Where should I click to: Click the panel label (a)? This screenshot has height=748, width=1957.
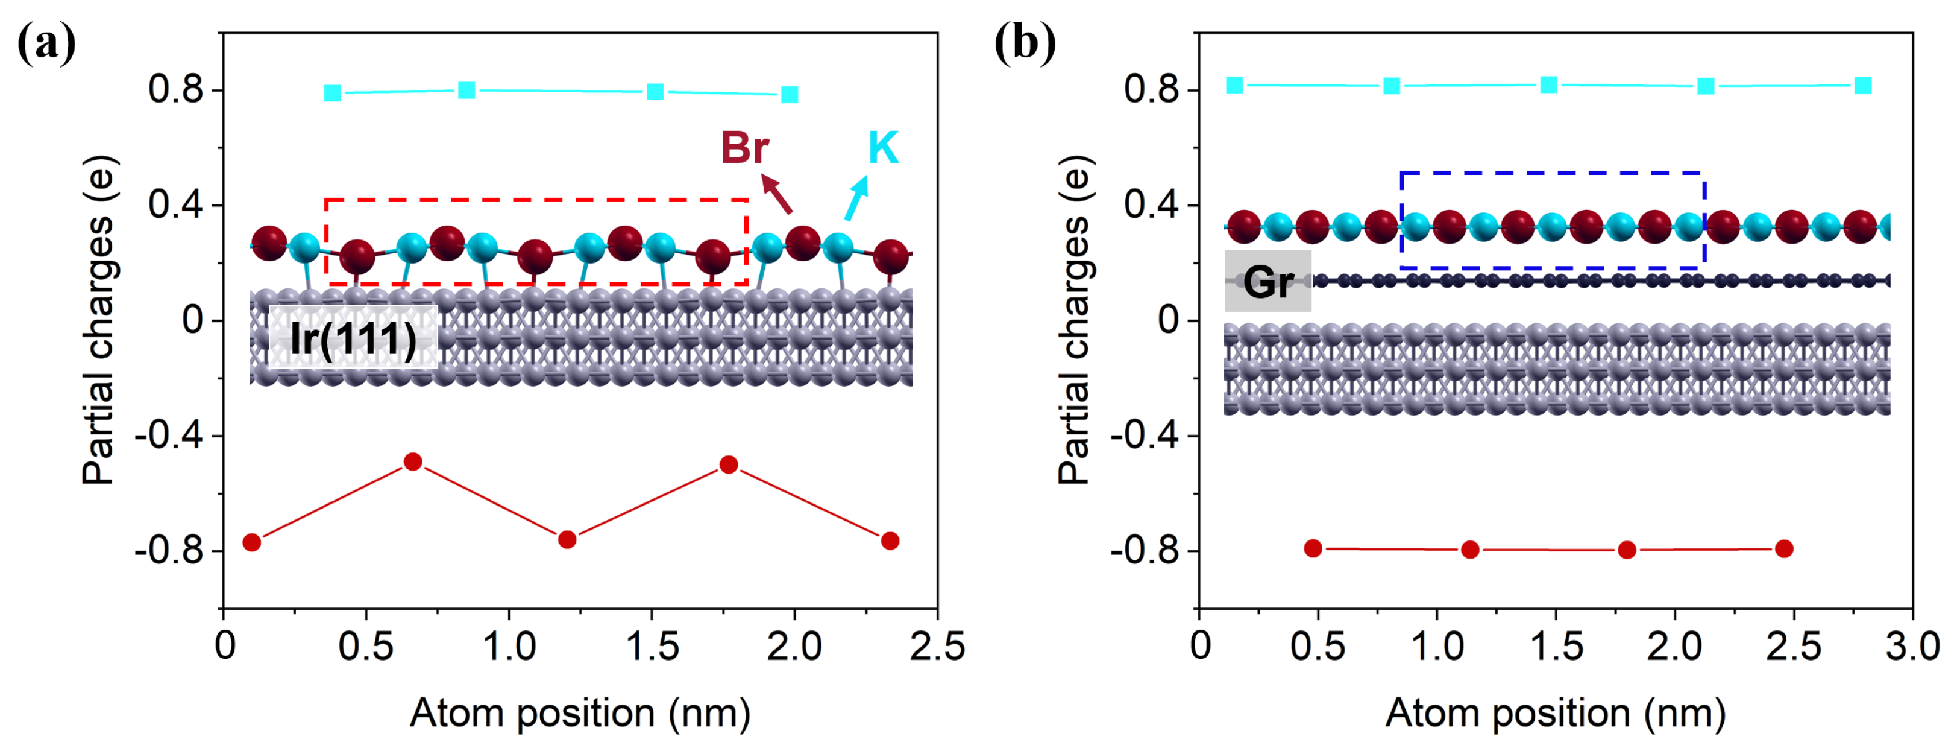(x=46, y=43)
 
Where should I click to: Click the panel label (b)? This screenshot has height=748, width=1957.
(x=1025, y=43)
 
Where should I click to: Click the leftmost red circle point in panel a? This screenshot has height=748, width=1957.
(x=251, y=542)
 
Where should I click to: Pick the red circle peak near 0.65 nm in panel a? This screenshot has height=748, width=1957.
(x=412, y=461)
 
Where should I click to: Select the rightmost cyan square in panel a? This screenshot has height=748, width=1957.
(x=790, y=94)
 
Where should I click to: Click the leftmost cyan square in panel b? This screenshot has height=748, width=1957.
(x=1234, y=85)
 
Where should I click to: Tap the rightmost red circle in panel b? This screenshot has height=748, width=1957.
(x=1784, y=548)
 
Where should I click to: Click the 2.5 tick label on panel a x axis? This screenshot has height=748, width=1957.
(x=937, y=647)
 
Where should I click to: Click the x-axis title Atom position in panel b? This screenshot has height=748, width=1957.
(x=1555, y=713)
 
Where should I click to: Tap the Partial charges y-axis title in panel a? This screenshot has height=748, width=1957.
(x=99, y=319)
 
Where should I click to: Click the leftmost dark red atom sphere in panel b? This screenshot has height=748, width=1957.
(x=1243, y=227)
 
